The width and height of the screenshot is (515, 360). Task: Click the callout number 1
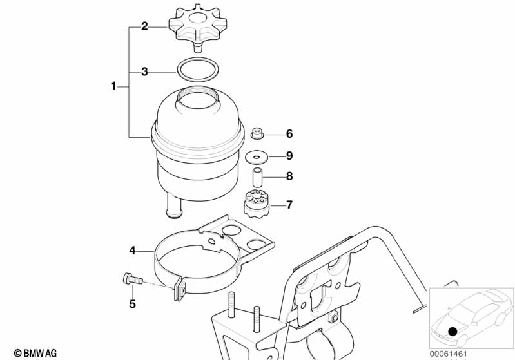pyautogui.click(x=113, y=86)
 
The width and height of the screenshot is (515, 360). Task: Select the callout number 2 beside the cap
pyautogui.click(x=144, y=26)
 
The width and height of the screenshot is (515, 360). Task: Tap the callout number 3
pyautogui.click(x=144, y=71)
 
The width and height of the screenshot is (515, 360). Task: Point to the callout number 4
pyautogui.click(x=132, y=251)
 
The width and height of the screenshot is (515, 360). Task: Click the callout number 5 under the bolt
pyautogui.click(x=132, y=304)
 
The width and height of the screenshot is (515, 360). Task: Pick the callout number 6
pyautogui.click(x=289, y=134)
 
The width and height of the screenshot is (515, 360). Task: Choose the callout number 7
pyautogui.click(x=289, y=205)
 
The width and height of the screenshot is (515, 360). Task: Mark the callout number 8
pyautogui.click(x=289, y=176)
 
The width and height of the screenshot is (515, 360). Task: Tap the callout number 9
pyautogui.click(x=289, y=156)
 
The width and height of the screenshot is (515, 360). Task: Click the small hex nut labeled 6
pyautogui.click(x=257, y=133)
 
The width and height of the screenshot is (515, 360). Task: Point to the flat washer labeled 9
pyautogui.click(x=257, y=156)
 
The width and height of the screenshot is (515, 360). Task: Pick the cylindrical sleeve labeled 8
pyautogui.click(x=257, y=177)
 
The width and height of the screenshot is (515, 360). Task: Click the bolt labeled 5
pyautogui.click(x=132, y=279)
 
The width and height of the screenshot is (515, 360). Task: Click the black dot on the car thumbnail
pyautogui.click(x=452, y=332)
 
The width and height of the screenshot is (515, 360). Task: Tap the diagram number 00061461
pyautogui.click(x=448, y=354)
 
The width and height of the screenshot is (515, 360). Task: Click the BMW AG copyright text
pyautogui.click(x=35, y=354)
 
